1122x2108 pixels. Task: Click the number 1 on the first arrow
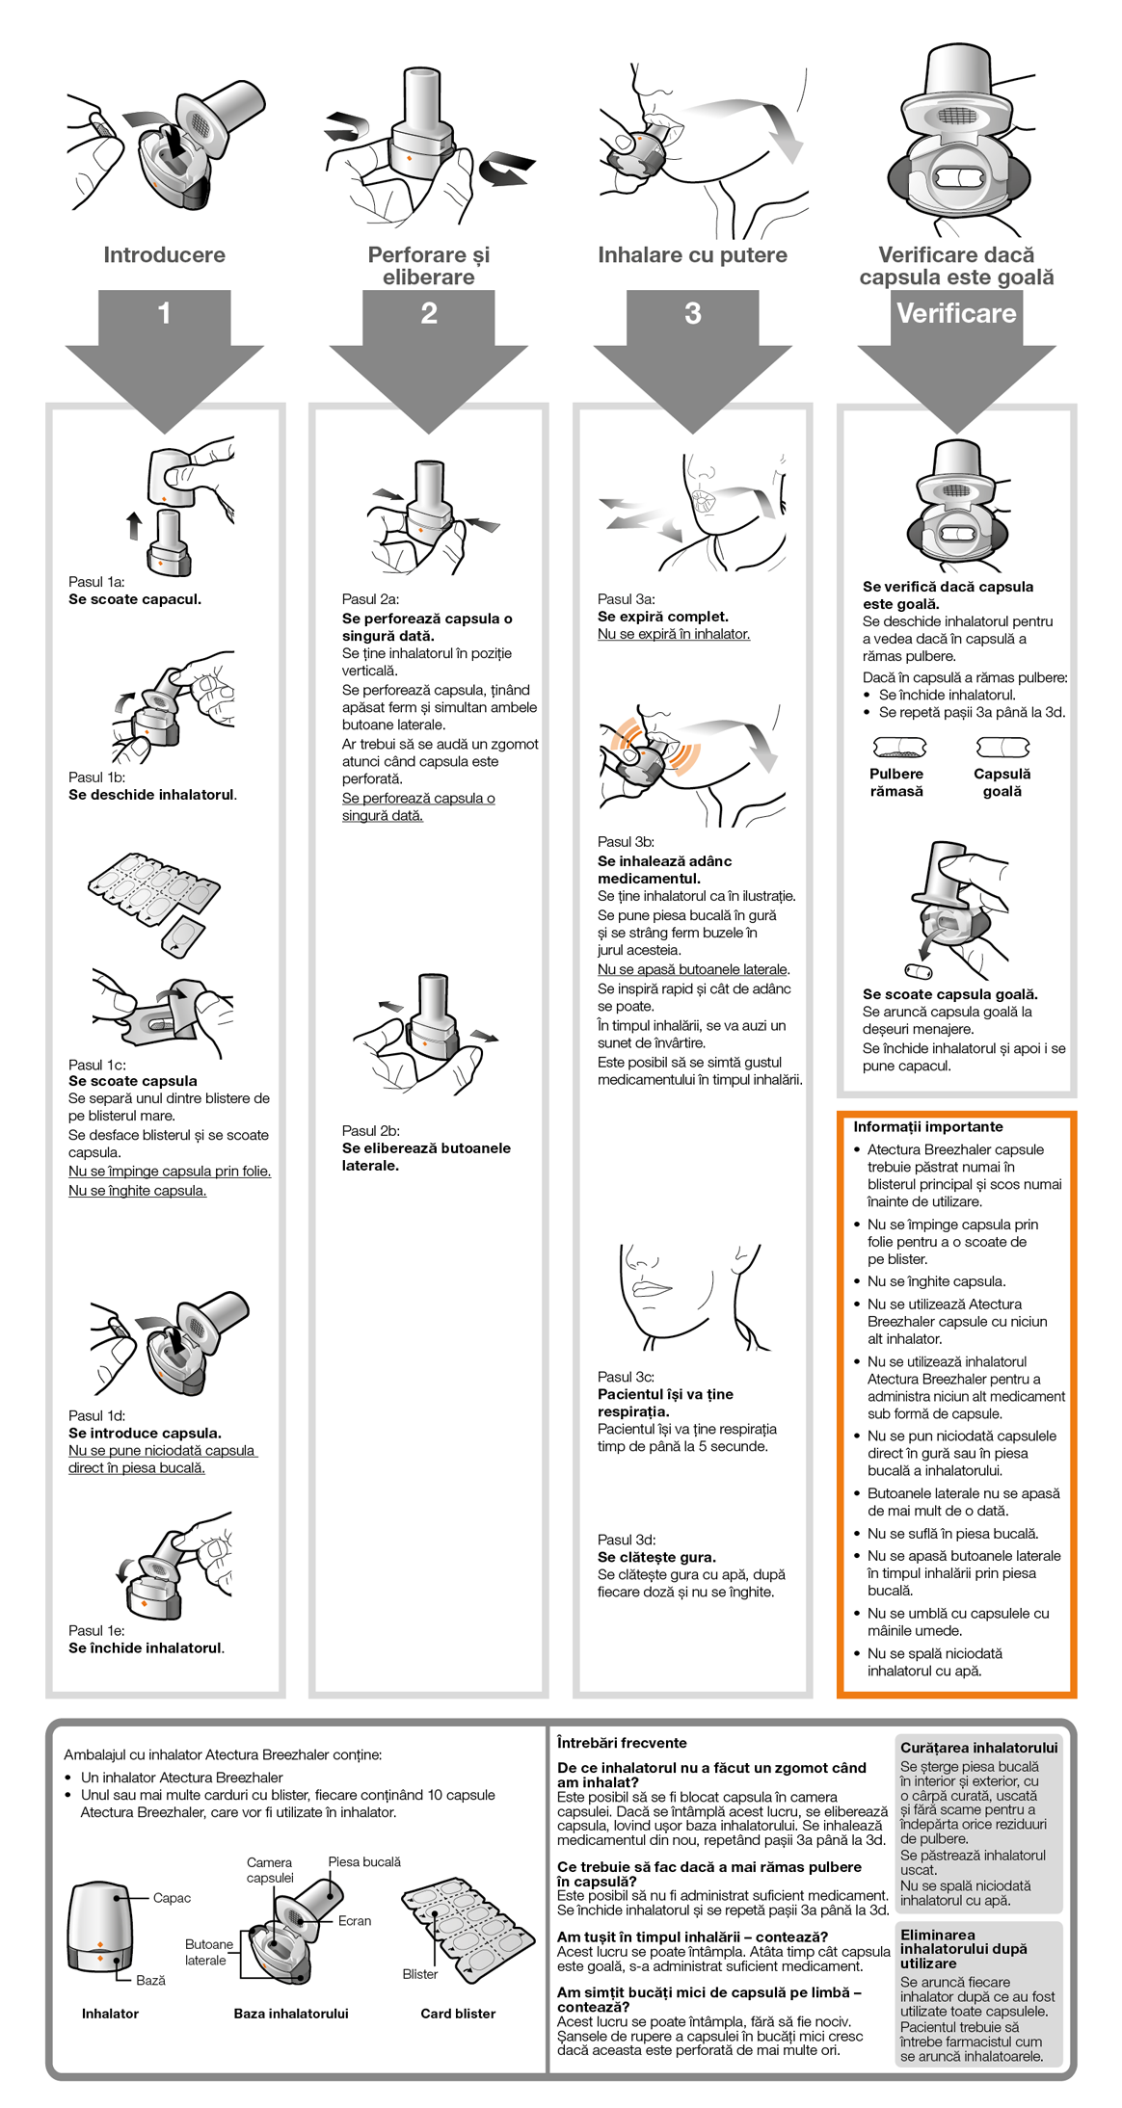[164, 313]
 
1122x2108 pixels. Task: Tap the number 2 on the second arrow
[429, 313]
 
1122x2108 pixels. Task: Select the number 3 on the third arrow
[692, 313]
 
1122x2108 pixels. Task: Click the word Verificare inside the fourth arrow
[956, 313]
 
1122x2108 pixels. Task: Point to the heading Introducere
[164, 255]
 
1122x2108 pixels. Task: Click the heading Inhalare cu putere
[692, 255]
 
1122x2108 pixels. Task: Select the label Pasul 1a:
[96, 582]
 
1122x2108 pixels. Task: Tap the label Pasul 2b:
[370, 1130]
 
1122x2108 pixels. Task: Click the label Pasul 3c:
[626, 1377]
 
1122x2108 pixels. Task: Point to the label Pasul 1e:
[96, 1630]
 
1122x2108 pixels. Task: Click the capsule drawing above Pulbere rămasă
[898, 748]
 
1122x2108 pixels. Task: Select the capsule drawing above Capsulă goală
[1002, 748]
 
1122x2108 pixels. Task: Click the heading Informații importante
[927, 1126]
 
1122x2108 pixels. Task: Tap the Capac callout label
[172, 1898]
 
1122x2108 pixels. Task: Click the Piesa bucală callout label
[364, 1861]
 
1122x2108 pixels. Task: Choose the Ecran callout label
[354, 1920]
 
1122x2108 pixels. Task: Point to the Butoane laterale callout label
[208, 1952]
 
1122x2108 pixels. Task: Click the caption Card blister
[458, 2014]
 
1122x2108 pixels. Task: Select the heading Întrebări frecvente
[622, 1743]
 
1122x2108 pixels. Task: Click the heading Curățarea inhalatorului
[978, 1748]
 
